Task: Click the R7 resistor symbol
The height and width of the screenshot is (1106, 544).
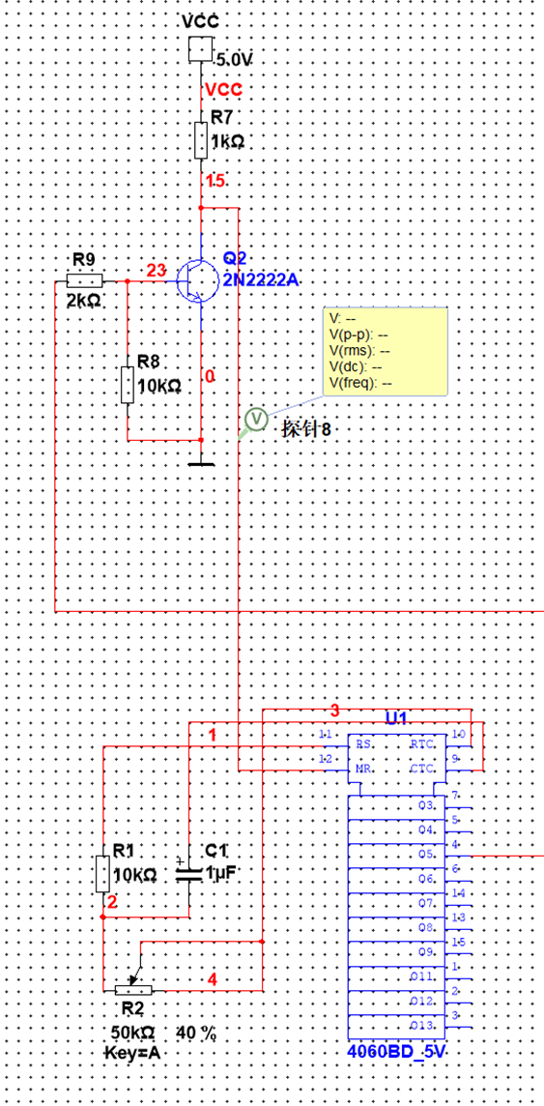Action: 200,140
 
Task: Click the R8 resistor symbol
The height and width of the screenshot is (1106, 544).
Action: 128,385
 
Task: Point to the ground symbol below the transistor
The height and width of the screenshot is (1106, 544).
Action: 200,462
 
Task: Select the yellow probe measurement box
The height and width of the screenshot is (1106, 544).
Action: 386,352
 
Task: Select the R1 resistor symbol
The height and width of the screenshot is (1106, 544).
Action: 102,873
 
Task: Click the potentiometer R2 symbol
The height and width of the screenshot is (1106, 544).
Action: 134,989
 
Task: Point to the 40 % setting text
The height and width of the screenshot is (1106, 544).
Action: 196,1033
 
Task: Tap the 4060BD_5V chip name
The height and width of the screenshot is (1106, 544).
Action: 397,1052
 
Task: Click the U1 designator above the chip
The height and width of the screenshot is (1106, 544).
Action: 396,718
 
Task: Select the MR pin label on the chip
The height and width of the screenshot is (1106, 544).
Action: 365,769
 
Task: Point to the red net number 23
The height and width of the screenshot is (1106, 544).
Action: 156,272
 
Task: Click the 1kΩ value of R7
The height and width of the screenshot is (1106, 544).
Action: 229,141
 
